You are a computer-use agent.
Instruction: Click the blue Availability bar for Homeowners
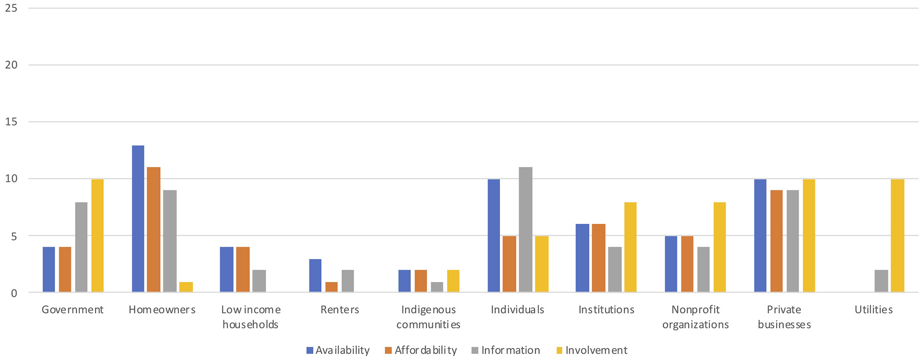click(138, 219)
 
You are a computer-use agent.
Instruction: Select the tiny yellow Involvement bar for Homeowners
click(186, 287)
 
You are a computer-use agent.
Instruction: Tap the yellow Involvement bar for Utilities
click(897, 236)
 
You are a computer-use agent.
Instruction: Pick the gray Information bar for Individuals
click(526, 230)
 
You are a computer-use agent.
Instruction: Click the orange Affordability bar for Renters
click(332, 287)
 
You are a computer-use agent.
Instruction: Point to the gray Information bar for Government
click(81, 247)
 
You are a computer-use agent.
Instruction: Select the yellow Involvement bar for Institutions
click(630, 247)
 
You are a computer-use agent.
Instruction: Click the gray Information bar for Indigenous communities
click(437, 287)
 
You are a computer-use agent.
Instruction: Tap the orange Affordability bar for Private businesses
click(777, 241)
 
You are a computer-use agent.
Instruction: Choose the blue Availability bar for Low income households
click(227, 270)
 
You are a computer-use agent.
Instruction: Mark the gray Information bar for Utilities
click(881, 281)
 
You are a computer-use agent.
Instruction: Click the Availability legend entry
click(338, 350)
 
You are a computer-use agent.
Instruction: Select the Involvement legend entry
click(592, 350)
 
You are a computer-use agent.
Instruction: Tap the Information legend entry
click(506, 350)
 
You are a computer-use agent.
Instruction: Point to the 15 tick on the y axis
click(11, 122)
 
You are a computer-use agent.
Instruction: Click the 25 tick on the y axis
click(11, 8)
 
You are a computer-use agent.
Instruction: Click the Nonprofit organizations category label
click(695, 317)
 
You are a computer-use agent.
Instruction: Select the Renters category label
click(340, 310)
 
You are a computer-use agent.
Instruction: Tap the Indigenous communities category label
click(428, 317)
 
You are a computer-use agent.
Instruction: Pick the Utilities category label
click(873, 310)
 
